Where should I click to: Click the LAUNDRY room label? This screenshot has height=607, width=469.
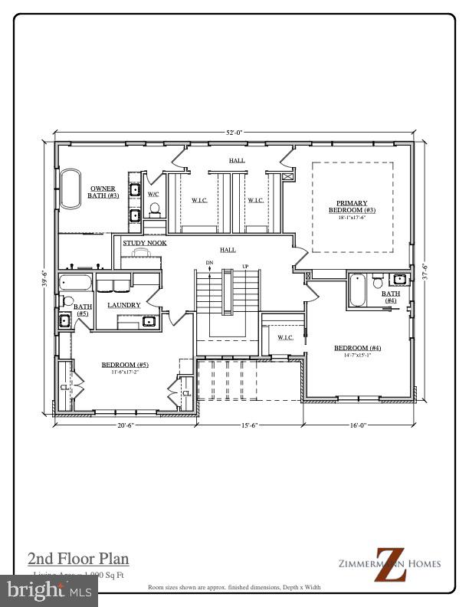pos(123,305)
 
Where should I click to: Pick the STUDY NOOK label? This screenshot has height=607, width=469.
pos(145,243)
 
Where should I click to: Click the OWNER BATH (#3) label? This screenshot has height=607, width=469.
pos(103,192)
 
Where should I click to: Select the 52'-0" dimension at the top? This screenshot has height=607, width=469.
pos(234,133)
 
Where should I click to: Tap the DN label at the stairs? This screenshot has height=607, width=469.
pos(209,263)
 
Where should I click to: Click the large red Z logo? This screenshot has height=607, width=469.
pos(389,564)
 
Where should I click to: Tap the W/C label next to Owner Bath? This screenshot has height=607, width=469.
pos(153,195)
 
